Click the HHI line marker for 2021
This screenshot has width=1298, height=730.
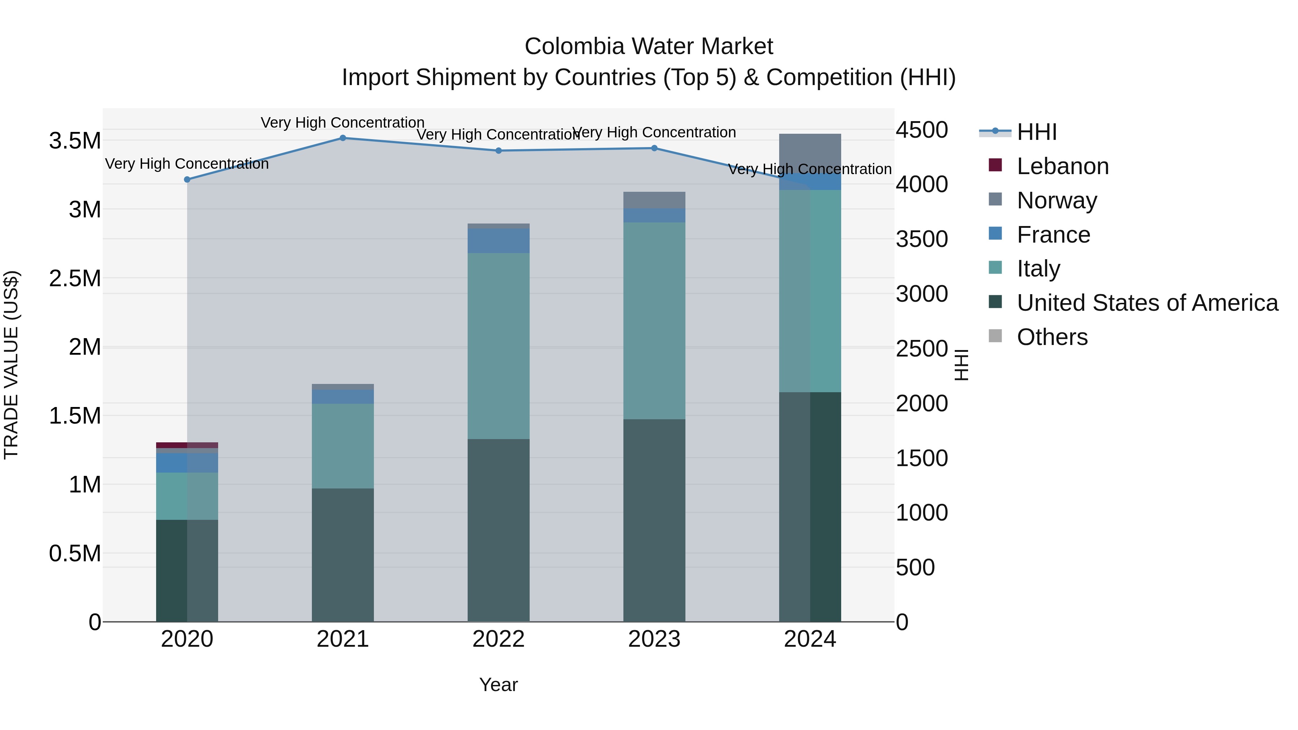click(343, 138)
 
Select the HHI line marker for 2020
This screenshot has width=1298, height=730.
click(187, 180)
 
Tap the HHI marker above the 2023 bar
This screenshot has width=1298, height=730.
click(654, 148)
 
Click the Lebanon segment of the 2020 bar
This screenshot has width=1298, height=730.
click(187, 445)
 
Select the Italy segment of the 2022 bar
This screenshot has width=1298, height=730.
click(498, 346)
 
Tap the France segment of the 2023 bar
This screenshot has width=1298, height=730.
click(654, 215)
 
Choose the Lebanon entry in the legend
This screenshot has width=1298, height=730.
click(1062, 166)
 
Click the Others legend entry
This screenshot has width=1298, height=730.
click(1052, 337)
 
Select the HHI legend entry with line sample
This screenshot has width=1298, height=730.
click(1037, 132)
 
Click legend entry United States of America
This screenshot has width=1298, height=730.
click(1147, 303)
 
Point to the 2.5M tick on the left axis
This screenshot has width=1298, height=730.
click(75, 278)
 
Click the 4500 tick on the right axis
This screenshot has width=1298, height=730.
click(922, 130)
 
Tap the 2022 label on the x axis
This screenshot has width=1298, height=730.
click(498, 639)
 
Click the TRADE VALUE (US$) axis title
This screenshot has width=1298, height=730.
click(11, 365)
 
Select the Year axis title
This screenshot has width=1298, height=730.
click(498, 685)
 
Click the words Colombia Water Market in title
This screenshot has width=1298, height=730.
click(649, 47)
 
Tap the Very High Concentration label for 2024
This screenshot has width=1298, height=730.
click(810, 169)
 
